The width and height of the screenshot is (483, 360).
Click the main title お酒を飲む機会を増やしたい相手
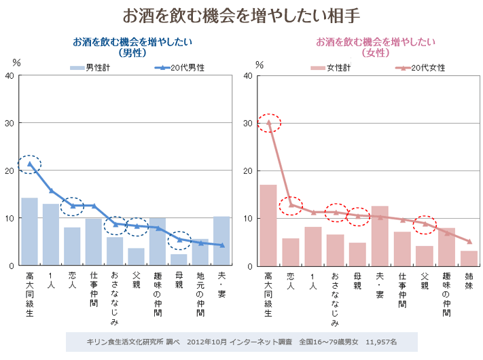[x=240, y=14]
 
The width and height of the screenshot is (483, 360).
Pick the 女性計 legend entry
[x=330, y=68]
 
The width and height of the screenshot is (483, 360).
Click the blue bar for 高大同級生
[x=29, y=231]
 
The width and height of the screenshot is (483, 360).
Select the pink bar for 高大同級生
[x=268, y=225]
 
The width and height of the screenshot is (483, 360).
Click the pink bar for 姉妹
[x=469, y=258]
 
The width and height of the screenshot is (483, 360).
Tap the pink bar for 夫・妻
[x=380, y=235]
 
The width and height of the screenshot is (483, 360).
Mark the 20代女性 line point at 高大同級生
[x=268, y=123]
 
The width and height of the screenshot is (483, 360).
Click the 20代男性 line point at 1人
[x=51, y=191]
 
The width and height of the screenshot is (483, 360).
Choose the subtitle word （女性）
[x=375, y=52]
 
